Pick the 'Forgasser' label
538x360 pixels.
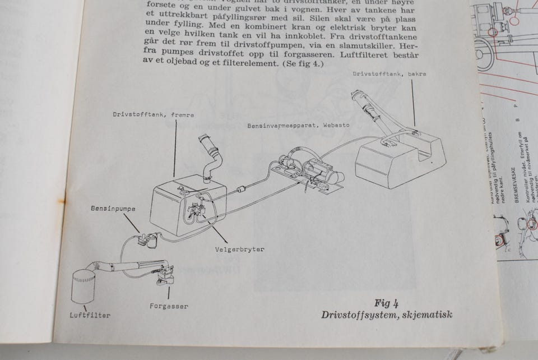point(169,306)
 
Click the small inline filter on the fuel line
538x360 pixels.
point(243,190)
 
